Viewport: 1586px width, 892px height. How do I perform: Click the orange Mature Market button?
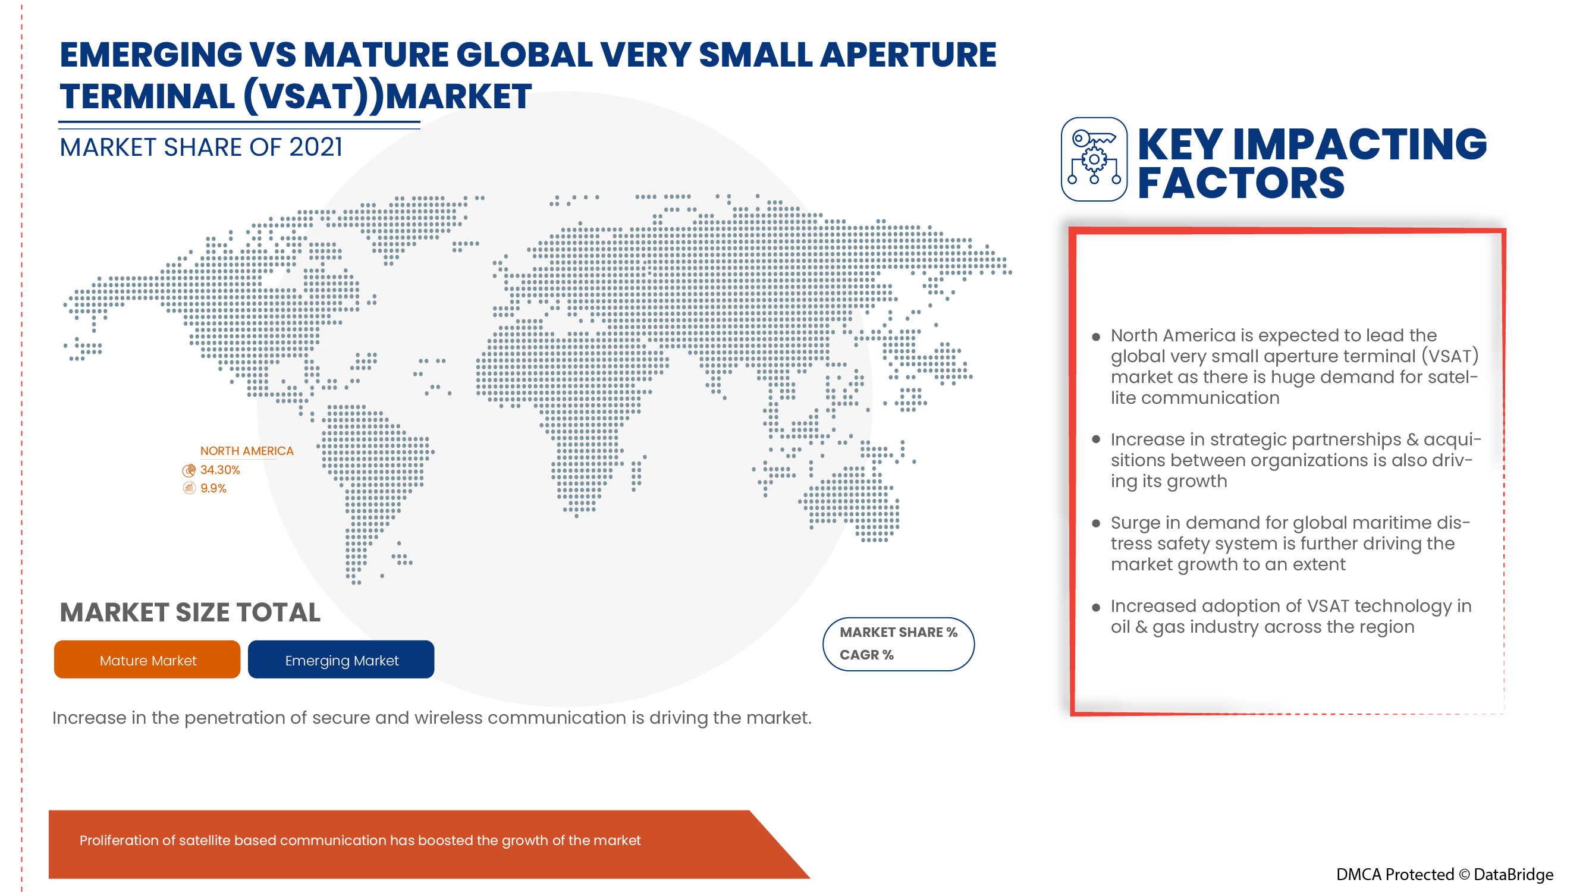point(147,659)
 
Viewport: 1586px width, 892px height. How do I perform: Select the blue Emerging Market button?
point(341,659)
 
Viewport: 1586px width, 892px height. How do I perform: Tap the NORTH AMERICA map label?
point(246,451)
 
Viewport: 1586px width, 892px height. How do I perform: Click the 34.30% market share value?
point(220,470)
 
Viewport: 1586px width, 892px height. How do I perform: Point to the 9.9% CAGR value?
point(213,488)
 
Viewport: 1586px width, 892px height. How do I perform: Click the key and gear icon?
point(1094,159)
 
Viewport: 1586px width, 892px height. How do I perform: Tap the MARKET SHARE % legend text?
point(899,632)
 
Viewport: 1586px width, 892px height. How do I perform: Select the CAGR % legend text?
point(866,654)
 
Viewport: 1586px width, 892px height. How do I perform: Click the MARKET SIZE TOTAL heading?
point(190,613)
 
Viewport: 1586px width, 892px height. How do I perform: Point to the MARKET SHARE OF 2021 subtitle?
point(201,147)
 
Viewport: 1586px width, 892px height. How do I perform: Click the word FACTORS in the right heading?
point(1240,183)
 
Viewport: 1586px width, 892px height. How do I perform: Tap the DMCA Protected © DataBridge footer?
point(1444,874)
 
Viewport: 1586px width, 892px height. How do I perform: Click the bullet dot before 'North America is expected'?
point(1096,337)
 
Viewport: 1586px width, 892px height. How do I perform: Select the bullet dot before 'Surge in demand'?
point(1096,524)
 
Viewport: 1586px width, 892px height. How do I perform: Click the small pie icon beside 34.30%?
point(189,471)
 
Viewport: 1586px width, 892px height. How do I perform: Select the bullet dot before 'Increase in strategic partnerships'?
point(1096,439)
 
